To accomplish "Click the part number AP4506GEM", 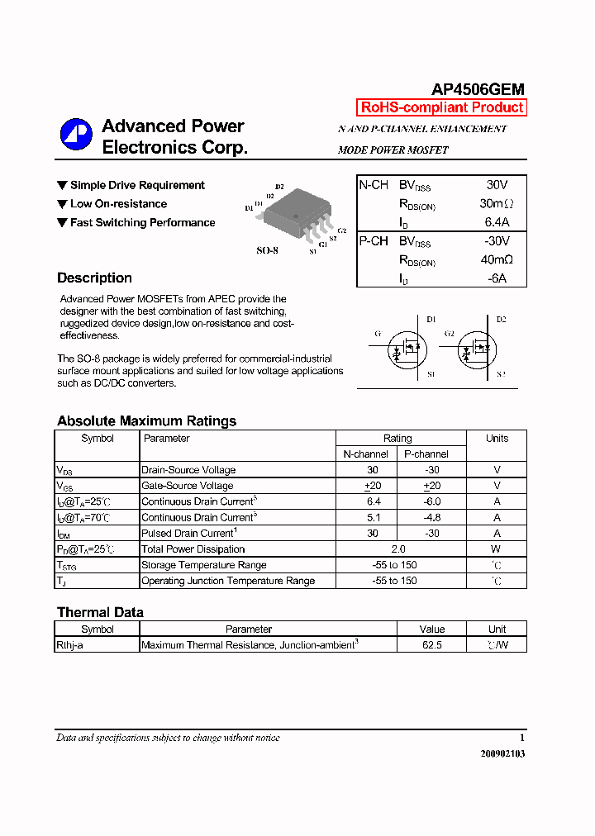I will tap(478, 90).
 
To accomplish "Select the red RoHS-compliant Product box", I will tap(441, 107).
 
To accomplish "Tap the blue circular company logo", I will tap(76, 135).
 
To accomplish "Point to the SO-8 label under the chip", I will tap(267, 249).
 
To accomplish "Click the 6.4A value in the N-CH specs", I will tap(497, 222).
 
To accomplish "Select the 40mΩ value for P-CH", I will tap(497, 259).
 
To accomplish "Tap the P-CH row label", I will tap(373, 241).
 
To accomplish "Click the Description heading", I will tap(94, 278).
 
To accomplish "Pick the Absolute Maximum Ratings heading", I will tap(146, 421).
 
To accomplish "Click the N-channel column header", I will tap(366, 454).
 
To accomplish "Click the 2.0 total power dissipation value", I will tap(399, 549).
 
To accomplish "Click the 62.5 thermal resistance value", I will tap(431, 645).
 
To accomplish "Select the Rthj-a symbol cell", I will tap(69, 645).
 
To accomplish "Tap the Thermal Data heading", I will tap(100, 613).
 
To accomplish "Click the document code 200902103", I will tap(502, 753).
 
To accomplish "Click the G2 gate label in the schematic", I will tap(449, 334).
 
